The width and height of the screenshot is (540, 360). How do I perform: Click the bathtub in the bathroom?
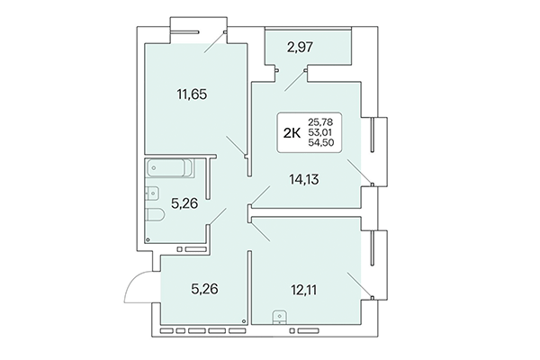[174, 168]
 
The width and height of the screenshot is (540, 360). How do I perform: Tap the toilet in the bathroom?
[153, 216]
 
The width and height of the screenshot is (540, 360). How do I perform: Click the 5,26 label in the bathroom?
[185, 202]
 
